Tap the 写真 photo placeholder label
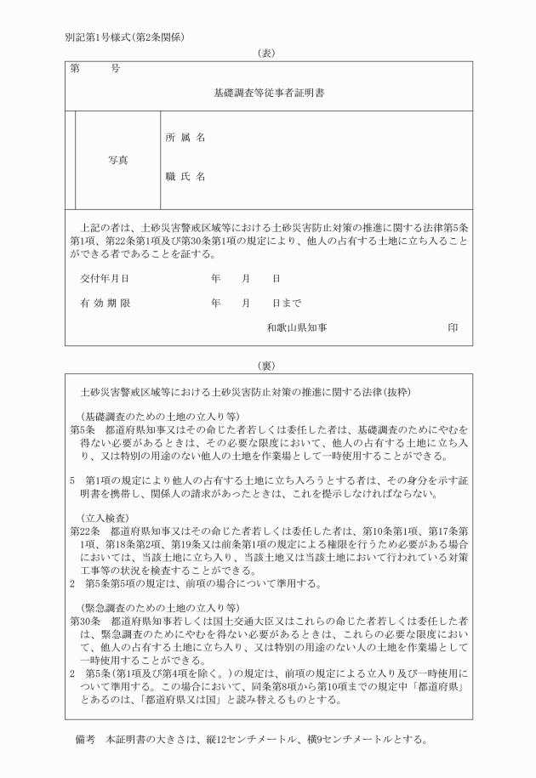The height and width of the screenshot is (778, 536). click(118, 159)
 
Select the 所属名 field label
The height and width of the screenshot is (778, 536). click(185, 138)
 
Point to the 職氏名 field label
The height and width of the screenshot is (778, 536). click(185, 178)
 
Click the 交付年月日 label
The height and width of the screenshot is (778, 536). click(105, 278)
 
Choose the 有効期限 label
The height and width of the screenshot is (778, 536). click(105, 303)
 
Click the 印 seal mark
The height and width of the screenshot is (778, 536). click(453, 327)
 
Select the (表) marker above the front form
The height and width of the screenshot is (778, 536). click(268, 53)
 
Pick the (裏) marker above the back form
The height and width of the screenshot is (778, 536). click(268, 365)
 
